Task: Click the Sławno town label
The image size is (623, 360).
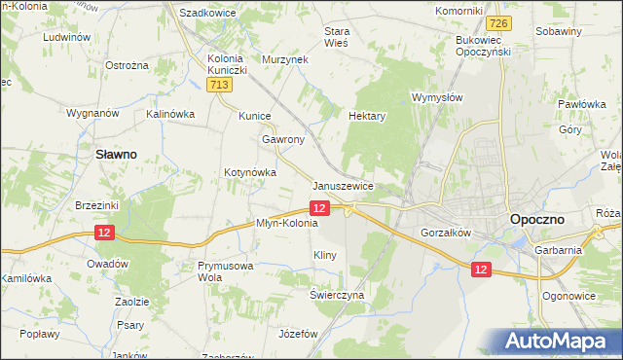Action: click(115, 154)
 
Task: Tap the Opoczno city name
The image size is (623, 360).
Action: click(540, 221)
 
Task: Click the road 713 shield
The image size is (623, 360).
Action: click(219, 87)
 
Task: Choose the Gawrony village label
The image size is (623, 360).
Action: click(283, 139)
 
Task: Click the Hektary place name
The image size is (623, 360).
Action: click(367, 116)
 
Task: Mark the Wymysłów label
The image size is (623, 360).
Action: click(436, 98)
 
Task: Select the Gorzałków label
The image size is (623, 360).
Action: click(446, 234)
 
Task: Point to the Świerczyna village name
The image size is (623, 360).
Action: click(337, 294)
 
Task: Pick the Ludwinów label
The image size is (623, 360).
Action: click(66, 38)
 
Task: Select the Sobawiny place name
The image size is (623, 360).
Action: click(559, 31)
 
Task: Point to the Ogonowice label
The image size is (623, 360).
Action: click(569, 295)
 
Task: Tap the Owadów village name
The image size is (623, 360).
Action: click(107, 264)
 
